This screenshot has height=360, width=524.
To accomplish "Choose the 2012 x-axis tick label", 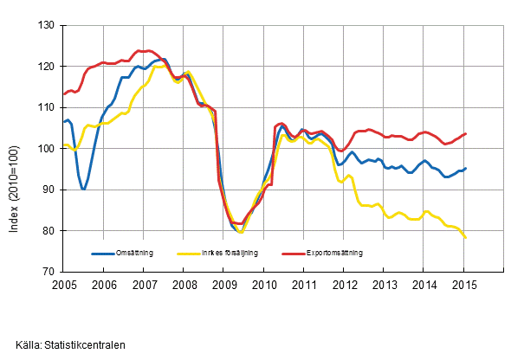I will pyautogui.click(x=344, y=284).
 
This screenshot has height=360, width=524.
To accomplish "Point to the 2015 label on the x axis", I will pyautogui.click(x=464, y=284).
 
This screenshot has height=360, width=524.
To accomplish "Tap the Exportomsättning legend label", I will pyautogui.click(x=333, y=254).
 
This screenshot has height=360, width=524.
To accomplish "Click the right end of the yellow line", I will pyautogui.click(x=466, y=237).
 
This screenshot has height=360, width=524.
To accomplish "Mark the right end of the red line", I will pyautogui.click(x=466, y=134).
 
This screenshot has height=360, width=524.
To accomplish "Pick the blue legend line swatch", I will pyautogui.click(x=104, y=254).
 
